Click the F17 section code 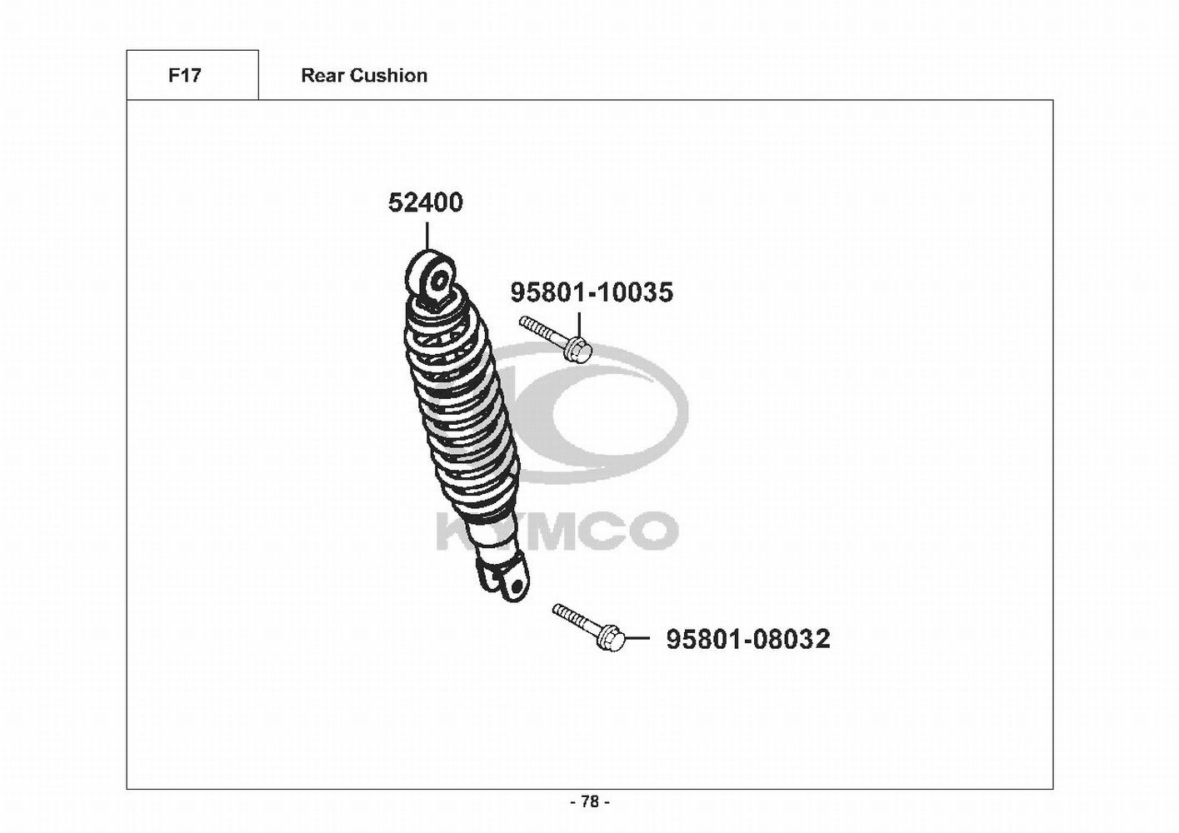184,75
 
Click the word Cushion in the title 388,75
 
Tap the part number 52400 425,202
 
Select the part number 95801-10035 592,292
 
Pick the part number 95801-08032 748,639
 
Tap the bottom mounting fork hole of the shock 517,586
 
